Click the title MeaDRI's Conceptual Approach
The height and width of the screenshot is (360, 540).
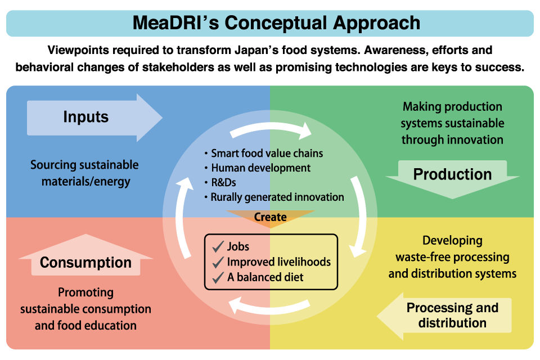click(x=276, y=23)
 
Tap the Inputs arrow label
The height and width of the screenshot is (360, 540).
click(x=86, y=117)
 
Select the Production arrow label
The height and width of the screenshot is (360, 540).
click(x=452, y=174)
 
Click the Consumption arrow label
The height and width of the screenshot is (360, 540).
click(x=85, y=263)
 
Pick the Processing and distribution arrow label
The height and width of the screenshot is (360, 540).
click(x=452, y=315)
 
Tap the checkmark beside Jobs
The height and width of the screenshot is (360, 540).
click(x=217, y=247)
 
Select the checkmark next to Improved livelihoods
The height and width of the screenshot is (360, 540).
click(x=217, y=262)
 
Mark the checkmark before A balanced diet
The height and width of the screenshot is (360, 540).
click(x=217, y=277)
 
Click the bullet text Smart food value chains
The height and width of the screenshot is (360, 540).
click(x=267, y=153)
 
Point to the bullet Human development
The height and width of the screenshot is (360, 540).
click(x=260, y=168)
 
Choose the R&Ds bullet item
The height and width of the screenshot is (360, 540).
click(x=224, y=182)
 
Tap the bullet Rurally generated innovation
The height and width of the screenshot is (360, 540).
click(x=277, y=197)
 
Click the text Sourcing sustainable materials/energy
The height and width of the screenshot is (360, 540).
click(x=85, y=173)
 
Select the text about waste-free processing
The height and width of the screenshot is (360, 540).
click(x=452, y=257)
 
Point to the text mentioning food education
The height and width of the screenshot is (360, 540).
click(x=85, y=309)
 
